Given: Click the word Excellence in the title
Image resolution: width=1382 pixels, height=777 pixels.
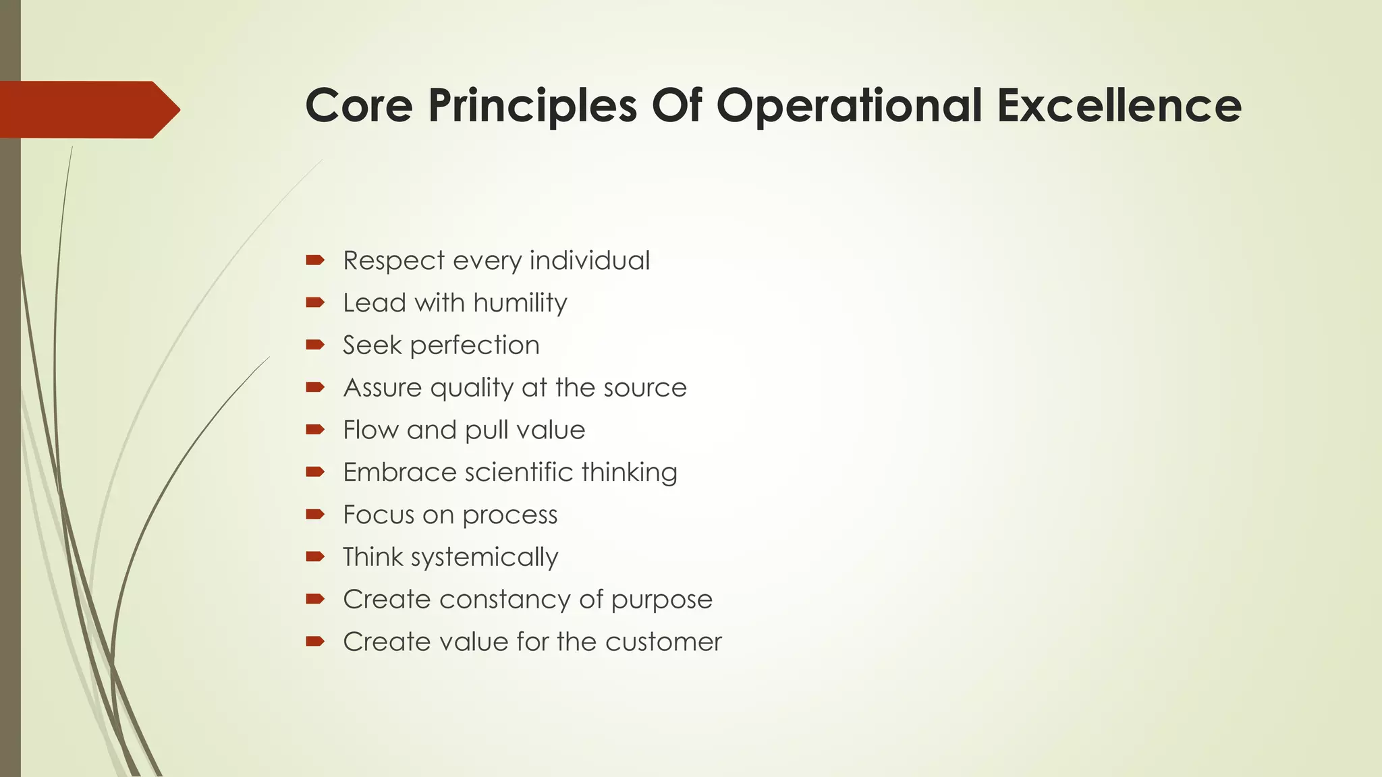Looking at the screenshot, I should (1119, 106).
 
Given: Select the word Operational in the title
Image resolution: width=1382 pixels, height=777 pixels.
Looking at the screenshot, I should (848, 106).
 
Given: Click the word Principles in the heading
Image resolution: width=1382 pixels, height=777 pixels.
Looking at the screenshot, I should (532, 106).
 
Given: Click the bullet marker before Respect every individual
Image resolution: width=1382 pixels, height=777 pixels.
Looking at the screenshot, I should (315, 260).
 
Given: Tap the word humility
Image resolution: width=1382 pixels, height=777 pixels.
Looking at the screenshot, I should (520, 303).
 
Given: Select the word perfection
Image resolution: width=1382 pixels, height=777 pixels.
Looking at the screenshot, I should (474, 345).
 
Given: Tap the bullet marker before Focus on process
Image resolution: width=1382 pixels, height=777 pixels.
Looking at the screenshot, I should (315, 515).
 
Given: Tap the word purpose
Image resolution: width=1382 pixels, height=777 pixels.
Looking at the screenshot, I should (661, 600).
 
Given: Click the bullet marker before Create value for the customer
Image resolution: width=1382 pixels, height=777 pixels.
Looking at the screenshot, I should (315, 641).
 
